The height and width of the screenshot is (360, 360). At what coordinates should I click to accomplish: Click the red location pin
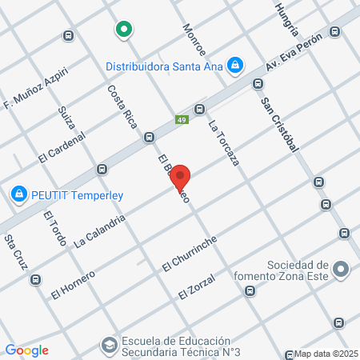tap(180, 176)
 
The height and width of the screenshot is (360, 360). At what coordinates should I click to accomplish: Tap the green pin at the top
tap(123, 30)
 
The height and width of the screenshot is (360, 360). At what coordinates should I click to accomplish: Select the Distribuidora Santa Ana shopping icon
tap(235, 64)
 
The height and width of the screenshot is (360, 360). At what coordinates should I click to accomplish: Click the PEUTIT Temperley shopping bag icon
tap(18, 194)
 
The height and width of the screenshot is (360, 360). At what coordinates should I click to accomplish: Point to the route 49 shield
tap(182, 120)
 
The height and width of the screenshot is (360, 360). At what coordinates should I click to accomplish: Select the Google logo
tap(26, 350)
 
